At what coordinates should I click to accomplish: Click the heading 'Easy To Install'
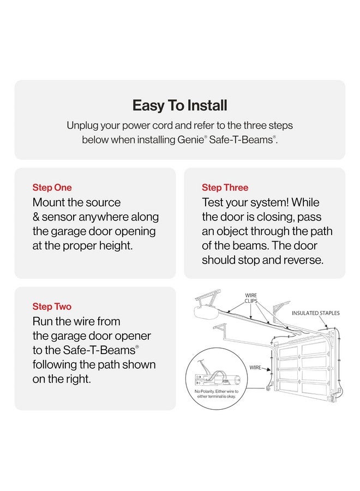[x=179, y=105]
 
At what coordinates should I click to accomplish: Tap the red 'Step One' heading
[x=52, y=188]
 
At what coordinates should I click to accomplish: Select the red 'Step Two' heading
[x=52, y=307]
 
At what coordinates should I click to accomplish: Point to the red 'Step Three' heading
[x=225, y=188]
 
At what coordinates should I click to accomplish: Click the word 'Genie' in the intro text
[x=190, y=140]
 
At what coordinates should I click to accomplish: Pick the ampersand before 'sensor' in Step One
[x=36, y=217]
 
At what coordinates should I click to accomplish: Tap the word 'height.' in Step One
[x=116, y=246]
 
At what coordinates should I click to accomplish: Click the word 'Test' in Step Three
[x=213, y=202]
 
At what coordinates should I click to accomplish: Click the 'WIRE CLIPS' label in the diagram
[x=251, y=298]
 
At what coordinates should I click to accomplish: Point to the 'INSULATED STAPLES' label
[x=316, y=313]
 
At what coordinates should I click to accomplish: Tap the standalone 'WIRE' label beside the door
[x=255, y=367]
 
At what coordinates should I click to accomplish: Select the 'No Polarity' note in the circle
[x=217, y=394]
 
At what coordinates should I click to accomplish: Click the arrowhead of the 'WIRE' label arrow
[x=269, y=370]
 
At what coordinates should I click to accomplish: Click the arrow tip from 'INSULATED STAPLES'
[x=327, y=328]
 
